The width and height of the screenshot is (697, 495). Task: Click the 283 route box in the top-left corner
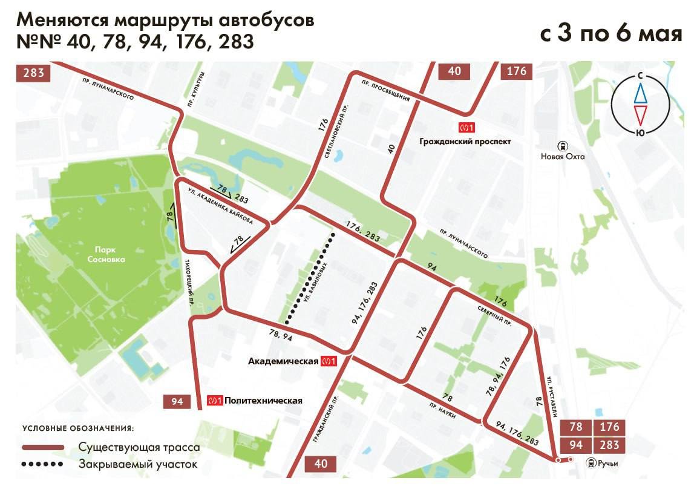[34, 73]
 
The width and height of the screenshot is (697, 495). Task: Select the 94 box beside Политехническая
[177, 401]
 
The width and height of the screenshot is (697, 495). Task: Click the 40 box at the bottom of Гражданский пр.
[321, 464]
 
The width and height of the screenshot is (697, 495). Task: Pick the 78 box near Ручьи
[576, 427]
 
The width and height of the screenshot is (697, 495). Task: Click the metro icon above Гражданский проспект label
[466, 128]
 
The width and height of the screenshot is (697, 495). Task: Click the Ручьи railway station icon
[590, 463]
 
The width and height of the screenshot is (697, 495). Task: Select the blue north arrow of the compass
[640, 93]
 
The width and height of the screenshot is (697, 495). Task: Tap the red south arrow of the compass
[640, 114]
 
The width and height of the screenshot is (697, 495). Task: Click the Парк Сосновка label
[110, 254]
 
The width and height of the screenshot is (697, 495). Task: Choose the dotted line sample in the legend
[43, 465]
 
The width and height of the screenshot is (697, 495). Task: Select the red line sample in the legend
[43, 447]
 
